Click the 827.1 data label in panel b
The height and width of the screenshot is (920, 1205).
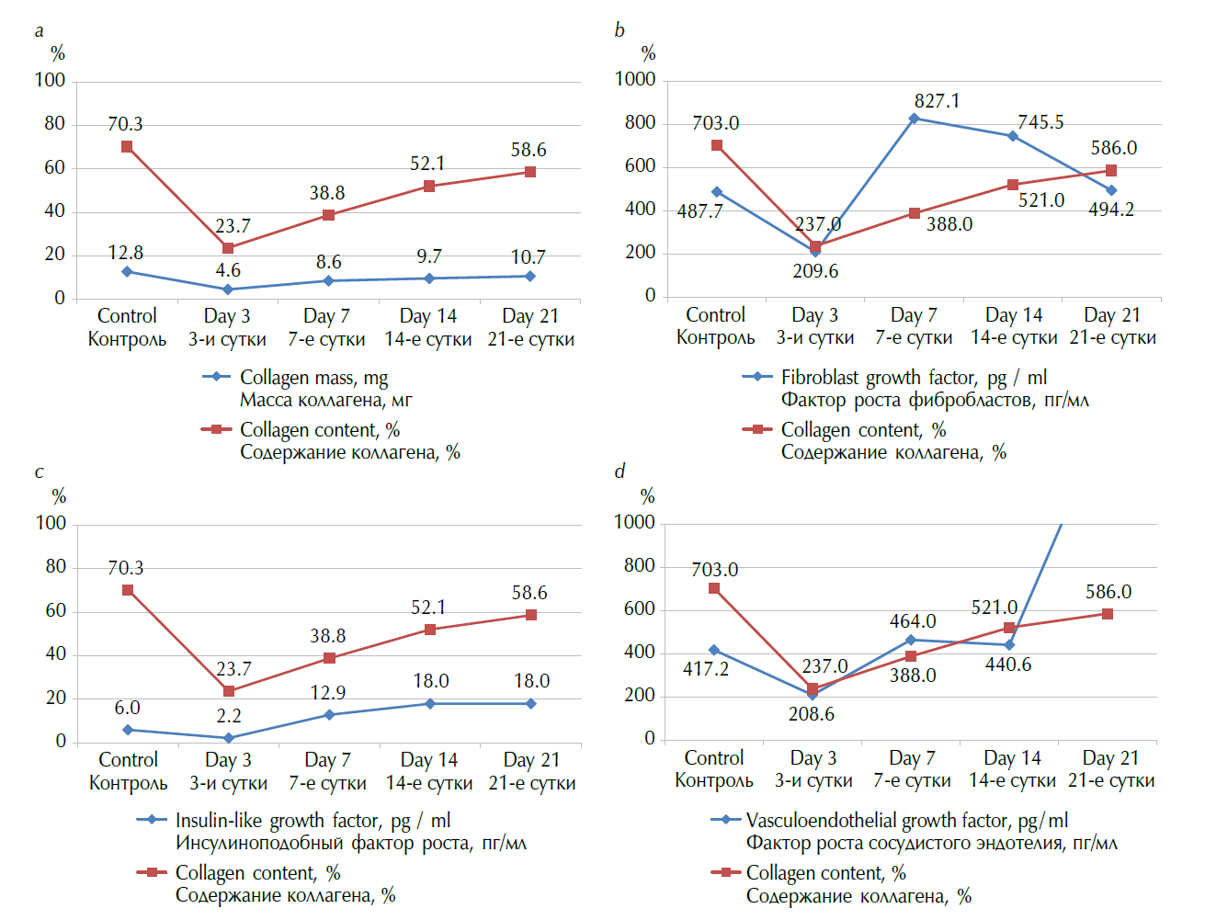point(937,101)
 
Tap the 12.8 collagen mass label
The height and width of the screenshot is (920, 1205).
point(125,253)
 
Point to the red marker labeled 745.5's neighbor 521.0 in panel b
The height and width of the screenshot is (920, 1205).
point(1012,185)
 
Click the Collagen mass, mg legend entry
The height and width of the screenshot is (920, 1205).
point(313,378)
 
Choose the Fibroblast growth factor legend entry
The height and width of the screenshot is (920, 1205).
point(914,378)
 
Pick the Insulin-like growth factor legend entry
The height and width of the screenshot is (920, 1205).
point(313,821)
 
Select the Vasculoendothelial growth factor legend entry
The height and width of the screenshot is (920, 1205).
point(906,821)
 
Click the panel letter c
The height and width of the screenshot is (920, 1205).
point(39,472)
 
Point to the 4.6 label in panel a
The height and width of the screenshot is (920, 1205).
point(228,270)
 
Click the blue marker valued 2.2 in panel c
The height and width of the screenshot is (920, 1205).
point(229,738)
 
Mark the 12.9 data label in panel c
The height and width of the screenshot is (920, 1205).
point(328,693)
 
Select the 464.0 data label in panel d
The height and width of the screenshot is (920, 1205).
point(913,621)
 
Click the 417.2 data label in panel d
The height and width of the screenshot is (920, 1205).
point(706,669)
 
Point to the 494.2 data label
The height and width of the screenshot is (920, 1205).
point(1111,210)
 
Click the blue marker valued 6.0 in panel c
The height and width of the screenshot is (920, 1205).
point(128,730)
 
